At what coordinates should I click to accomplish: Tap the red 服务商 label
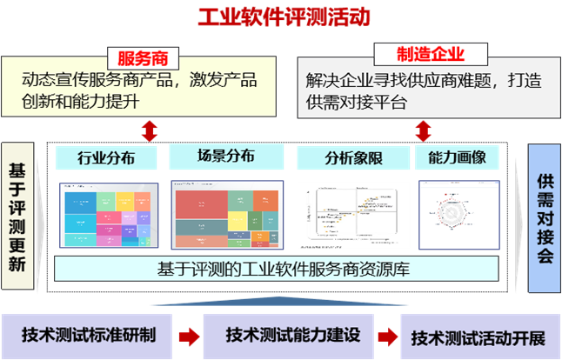143,58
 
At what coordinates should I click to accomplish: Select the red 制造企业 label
418,55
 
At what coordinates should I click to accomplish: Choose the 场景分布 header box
224,157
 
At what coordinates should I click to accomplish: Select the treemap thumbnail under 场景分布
226,213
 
